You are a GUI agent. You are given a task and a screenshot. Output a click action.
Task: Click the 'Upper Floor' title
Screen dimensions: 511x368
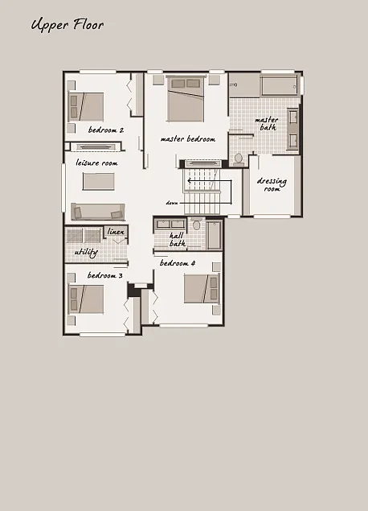(67, 25)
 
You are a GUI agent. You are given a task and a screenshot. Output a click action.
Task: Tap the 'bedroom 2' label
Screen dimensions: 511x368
(105, 130)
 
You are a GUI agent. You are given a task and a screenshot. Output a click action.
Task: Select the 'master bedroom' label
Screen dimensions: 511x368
(188, 138)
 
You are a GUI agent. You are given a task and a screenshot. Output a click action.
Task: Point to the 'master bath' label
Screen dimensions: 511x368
(267, 123)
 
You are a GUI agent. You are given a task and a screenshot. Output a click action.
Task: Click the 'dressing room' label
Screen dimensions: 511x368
(272, 184)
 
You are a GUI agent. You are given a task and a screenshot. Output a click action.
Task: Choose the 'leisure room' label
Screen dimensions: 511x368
(97, 163)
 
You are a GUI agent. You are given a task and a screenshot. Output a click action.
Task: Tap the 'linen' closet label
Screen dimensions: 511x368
(116, 232)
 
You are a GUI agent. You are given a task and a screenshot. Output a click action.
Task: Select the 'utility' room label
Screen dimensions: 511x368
(85, 252)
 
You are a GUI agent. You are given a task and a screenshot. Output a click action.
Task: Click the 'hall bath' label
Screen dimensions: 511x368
(178, 239)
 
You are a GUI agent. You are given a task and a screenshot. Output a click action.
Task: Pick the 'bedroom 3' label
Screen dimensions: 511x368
(104, 276)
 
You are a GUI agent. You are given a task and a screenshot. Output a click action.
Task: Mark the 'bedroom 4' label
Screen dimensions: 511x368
(178, 263)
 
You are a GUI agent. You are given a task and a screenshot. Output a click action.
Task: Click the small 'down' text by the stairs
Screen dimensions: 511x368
(172, 203)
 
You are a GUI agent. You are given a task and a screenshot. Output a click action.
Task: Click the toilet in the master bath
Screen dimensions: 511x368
(238, 158)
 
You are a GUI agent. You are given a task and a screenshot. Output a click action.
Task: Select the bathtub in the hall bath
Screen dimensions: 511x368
(215, 236)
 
